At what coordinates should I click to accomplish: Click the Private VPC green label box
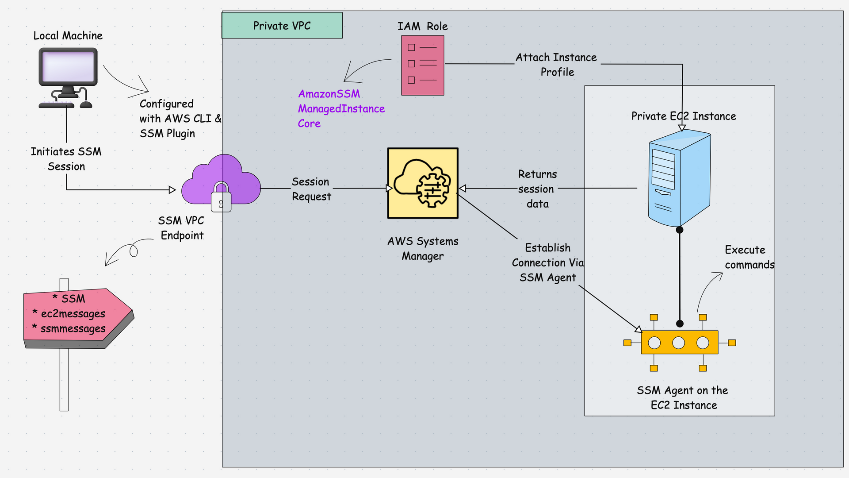coord(282,26)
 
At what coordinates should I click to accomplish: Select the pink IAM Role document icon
coord(422,65)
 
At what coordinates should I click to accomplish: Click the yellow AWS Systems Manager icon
coord(423,183)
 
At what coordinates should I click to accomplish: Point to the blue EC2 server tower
coord(679,178)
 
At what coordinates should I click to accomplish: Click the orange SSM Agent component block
coord(679,342)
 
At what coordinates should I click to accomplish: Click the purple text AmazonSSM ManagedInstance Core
coord(340,108)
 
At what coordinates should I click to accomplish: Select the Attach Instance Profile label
coord(556,65)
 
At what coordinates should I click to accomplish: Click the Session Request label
coord(311,189)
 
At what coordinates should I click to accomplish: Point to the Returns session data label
coord(537,189)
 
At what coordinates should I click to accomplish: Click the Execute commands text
coord(749,257)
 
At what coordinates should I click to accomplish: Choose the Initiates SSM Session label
coord(66,159)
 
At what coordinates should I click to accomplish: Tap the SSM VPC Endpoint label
coord(181,228)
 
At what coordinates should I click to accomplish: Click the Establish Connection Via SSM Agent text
coord(547,262)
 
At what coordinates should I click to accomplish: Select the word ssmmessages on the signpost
coord(73,329)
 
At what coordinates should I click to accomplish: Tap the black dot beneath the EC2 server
coord(680,230)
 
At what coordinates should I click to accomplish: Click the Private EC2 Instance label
coord(683,116)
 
